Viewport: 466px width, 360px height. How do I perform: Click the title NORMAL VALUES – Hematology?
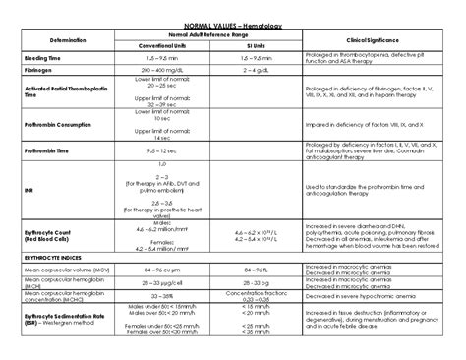(x=232, y=23)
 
